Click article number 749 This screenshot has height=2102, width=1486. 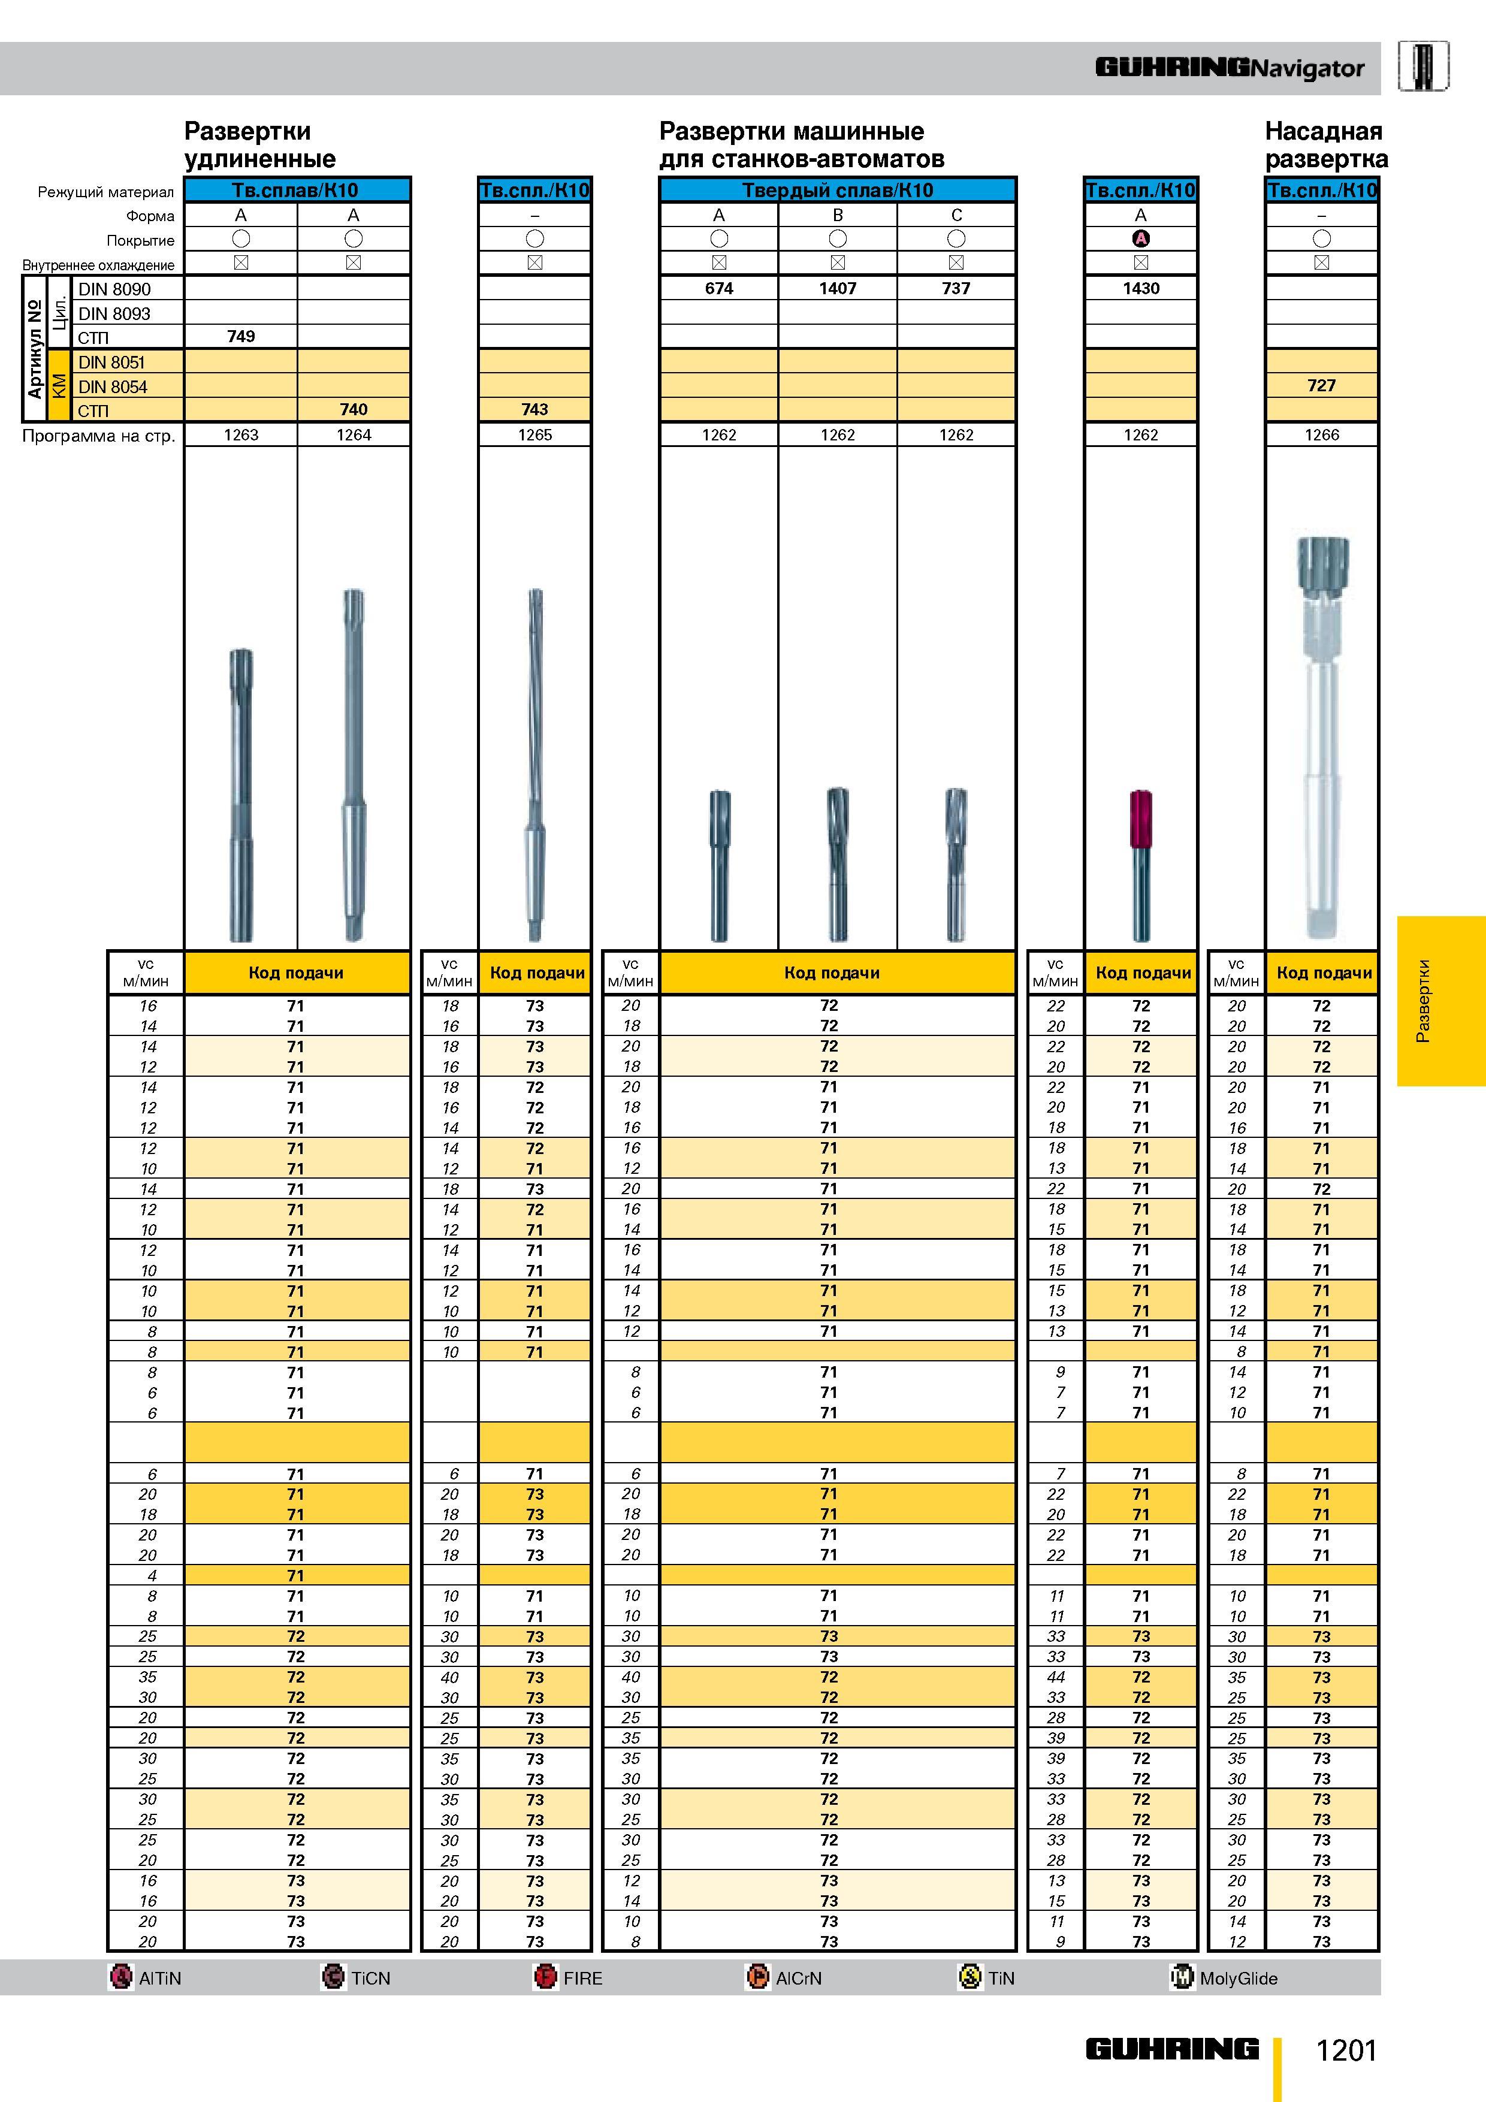point(241,336)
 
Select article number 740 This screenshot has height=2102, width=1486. point(354,409)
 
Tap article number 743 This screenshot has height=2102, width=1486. point(534,409)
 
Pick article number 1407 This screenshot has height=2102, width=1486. point(838,288)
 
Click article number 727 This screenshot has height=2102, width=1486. point(1321,385)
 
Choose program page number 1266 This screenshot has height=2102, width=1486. point(1321,435)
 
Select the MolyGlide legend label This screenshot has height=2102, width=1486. point(1238,1979)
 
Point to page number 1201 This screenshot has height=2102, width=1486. point(1346,2050)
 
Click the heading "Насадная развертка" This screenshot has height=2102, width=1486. point(1326,144)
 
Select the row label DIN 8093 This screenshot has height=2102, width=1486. point(114,313)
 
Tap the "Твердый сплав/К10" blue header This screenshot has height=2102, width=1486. point(838,191)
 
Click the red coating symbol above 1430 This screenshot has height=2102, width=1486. point(1141,239)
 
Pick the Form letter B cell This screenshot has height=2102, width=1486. point(838,215)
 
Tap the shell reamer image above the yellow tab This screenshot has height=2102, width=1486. point(1321,737)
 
